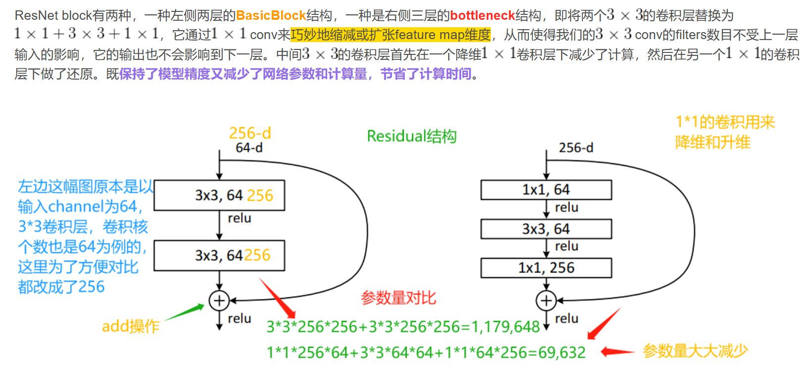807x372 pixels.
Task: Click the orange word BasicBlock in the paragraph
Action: point(271,15)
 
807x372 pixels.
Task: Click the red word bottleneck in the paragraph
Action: point(482,15)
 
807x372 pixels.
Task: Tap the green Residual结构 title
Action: point(412,136)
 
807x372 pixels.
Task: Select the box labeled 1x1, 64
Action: point(546,190)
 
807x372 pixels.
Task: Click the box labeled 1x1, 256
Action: point(546,268)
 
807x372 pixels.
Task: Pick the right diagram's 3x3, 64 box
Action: point(546,229)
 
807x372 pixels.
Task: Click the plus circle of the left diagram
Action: point(219,300)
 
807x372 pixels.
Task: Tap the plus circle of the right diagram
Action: point(546,300)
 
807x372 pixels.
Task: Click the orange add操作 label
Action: point(131,326)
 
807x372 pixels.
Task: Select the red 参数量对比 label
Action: point(398,298)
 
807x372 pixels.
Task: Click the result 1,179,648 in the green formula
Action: point(505,327)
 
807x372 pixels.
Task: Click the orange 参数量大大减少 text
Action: point(695,351)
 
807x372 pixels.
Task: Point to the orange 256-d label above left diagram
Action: point(250,133)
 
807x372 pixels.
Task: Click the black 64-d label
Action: point(249,148)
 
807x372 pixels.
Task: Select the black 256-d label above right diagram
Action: point(576,148)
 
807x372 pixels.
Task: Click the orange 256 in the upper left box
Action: point(260,196)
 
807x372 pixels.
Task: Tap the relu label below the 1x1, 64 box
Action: point(567,208)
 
